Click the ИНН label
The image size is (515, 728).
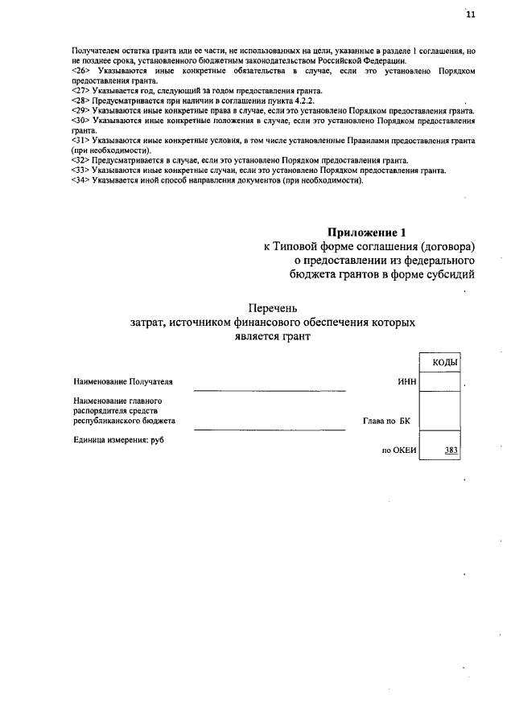point(406,381)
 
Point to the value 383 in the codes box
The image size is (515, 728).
point(451,450)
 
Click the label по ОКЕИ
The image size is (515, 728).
point(398,450)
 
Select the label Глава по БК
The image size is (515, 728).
point(386,421)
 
